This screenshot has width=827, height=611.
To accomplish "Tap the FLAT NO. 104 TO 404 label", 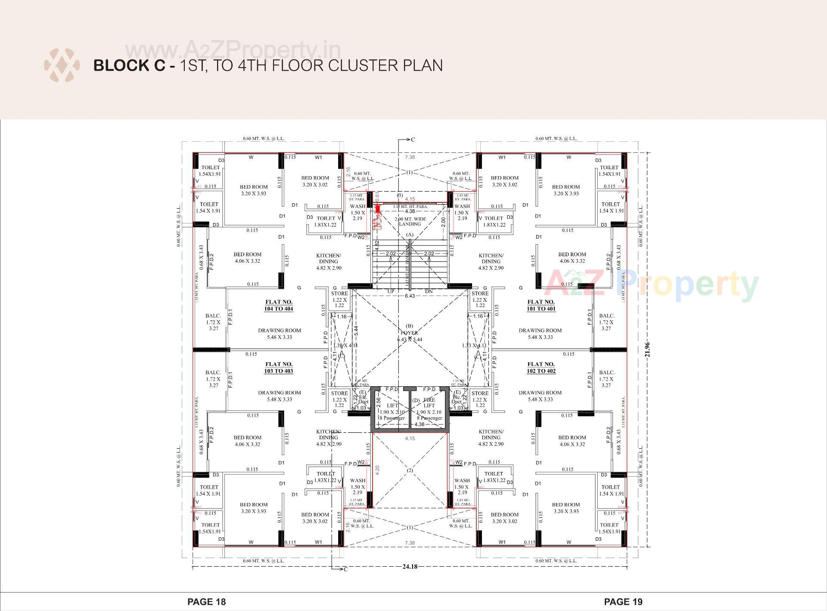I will pyautogui.click(x=279, y=305).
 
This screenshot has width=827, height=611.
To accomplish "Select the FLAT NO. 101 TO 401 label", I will pyautogui.click(x=541, y=305).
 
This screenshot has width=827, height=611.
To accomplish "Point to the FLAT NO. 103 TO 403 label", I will pyautogui.click(x=279, y=367).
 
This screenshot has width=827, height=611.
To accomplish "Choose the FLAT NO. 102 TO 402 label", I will pyautogui.click(x=541, y=367).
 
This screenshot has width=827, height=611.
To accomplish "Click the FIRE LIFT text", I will pyautogui.click(x=429, y=403).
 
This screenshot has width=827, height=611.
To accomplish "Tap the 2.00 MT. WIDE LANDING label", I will pyautogui.click(x=410, y=221).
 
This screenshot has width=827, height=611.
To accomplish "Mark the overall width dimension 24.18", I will pyautogui.click(x=410, y=567).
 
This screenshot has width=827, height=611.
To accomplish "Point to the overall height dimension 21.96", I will pyautogui.click(x=647, y=350).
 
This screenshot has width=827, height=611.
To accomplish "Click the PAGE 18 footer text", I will pyautogui.click(x=206, y=602).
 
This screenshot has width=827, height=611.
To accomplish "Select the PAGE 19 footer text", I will pyautogui.click(x=623, y=602).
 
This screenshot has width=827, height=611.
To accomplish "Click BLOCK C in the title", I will pyautogui.click(x=129, y=65).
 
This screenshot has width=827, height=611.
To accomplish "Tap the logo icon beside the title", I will pyautogui.click(x=62, y=65).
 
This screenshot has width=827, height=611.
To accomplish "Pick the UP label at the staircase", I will pyautogui.click(x=391, y=292).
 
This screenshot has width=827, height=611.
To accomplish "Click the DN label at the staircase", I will pyautogui.click(x=429, y=292).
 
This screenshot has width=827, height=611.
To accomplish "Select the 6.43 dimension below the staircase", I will pyautogui.click(x=410, y=296).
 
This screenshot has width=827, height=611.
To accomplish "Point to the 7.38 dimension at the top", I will pyautogui.click(x=410, y=157).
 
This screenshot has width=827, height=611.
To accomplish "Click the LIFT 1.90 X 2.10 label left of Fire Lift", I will pyautogui.click(x=392, y=409).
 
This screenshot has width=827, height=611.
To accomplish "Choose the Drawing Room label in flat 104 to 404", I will pyautogui.click(x=280, y=334).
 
